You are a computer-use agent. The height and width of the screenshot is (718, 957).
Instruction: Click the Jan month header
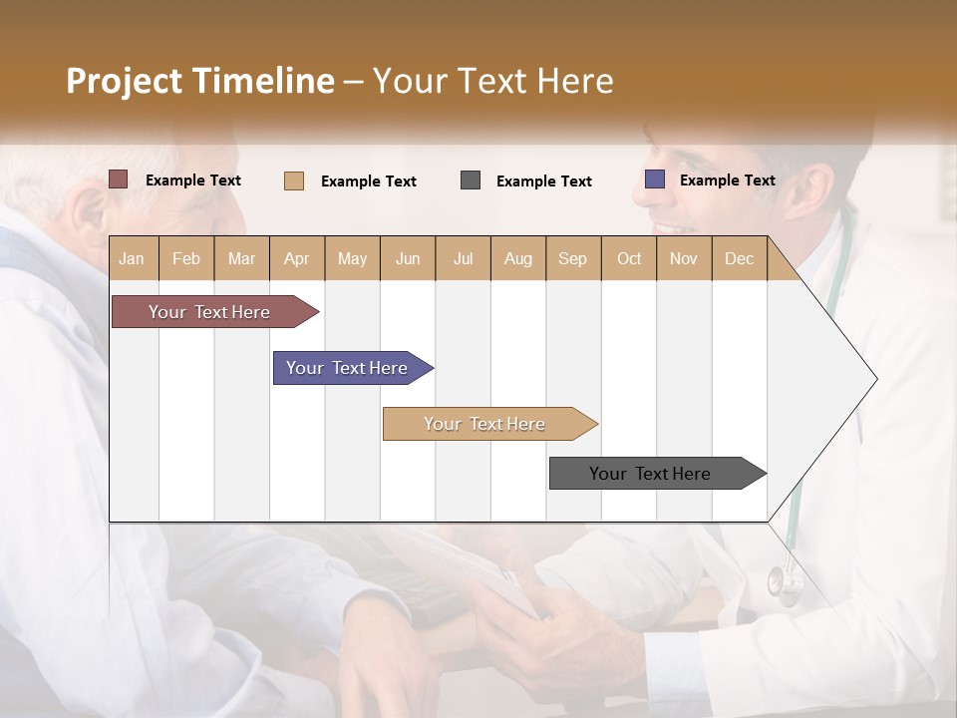pyautogui.click(x=133, y=259)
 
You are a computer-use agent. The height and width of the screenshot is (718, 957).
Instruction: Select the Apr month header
pyautogui.click(x=297, y=259)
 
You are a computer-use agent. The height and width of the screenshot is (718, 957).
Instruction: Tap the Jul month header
pyautogui.click(x=463, y=259)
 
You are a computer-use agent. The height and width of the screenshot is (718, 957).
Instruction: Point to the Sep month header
pyautogui.click(x=572, y=259)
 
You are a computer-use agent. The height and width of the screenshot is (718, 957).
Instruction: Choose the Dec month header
pyautogui.click(x=739, y=259)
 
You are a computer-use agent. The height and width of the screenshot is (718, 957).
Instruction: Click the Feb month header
pyautogui.click(x=186, y=259)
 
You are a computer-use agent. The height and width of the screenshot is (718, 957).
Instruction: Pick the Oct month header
pyautogui.click(x=629, y=259)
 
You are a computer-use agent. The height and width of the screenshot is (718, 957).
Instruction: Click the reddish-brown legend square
pyautogui.click(x=119, y=179)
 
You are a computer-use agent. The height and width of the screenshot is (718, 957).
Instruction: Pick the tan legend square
pyautogui.click(x=294, y=180)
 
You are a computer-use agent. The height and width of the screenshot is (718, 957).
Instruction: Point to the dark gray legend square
pyautogui.click(x=471, y=179)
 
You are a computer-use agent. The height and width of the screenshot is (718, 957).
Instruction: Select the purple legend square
pyautogui.click(x=655, y=179)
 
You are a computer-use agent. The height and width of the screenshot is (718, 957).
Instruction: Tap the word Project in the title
pyautogui.click(x=125, y=81)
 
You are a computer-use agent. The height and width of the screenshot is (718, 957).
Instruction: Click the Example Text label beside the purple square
pyautogui.click(x=727, y=180)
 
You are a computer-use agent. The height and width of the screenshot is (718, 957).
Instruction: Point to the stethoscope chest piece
pyautogui.click(x=784, y=583)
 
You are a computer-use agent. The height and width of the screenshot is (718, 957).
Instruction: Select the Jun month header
pyautogui.click(x=408, y=259)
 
